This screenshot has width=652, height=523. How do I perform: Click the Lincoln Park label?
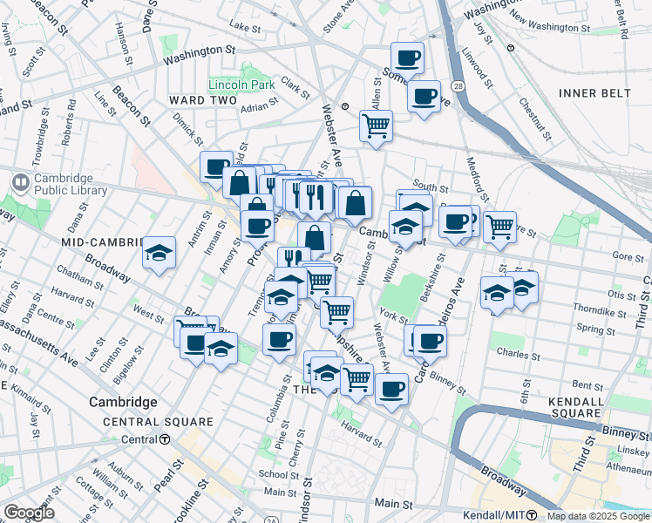(x=241, y=85)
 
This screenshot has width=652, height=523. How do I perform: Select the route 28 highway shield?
(x=458, y=86)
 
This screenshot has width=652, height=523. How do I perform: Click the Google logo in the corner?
(x=29, y=513)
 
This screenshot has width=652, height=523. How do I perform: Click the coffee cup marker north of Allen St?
(x=407, y=58)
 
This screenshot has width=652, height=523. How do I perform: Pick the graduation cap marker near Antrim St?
(x=160, y=253)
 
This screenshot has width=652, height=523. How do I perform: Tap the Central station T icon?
(x=165, y=439)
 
